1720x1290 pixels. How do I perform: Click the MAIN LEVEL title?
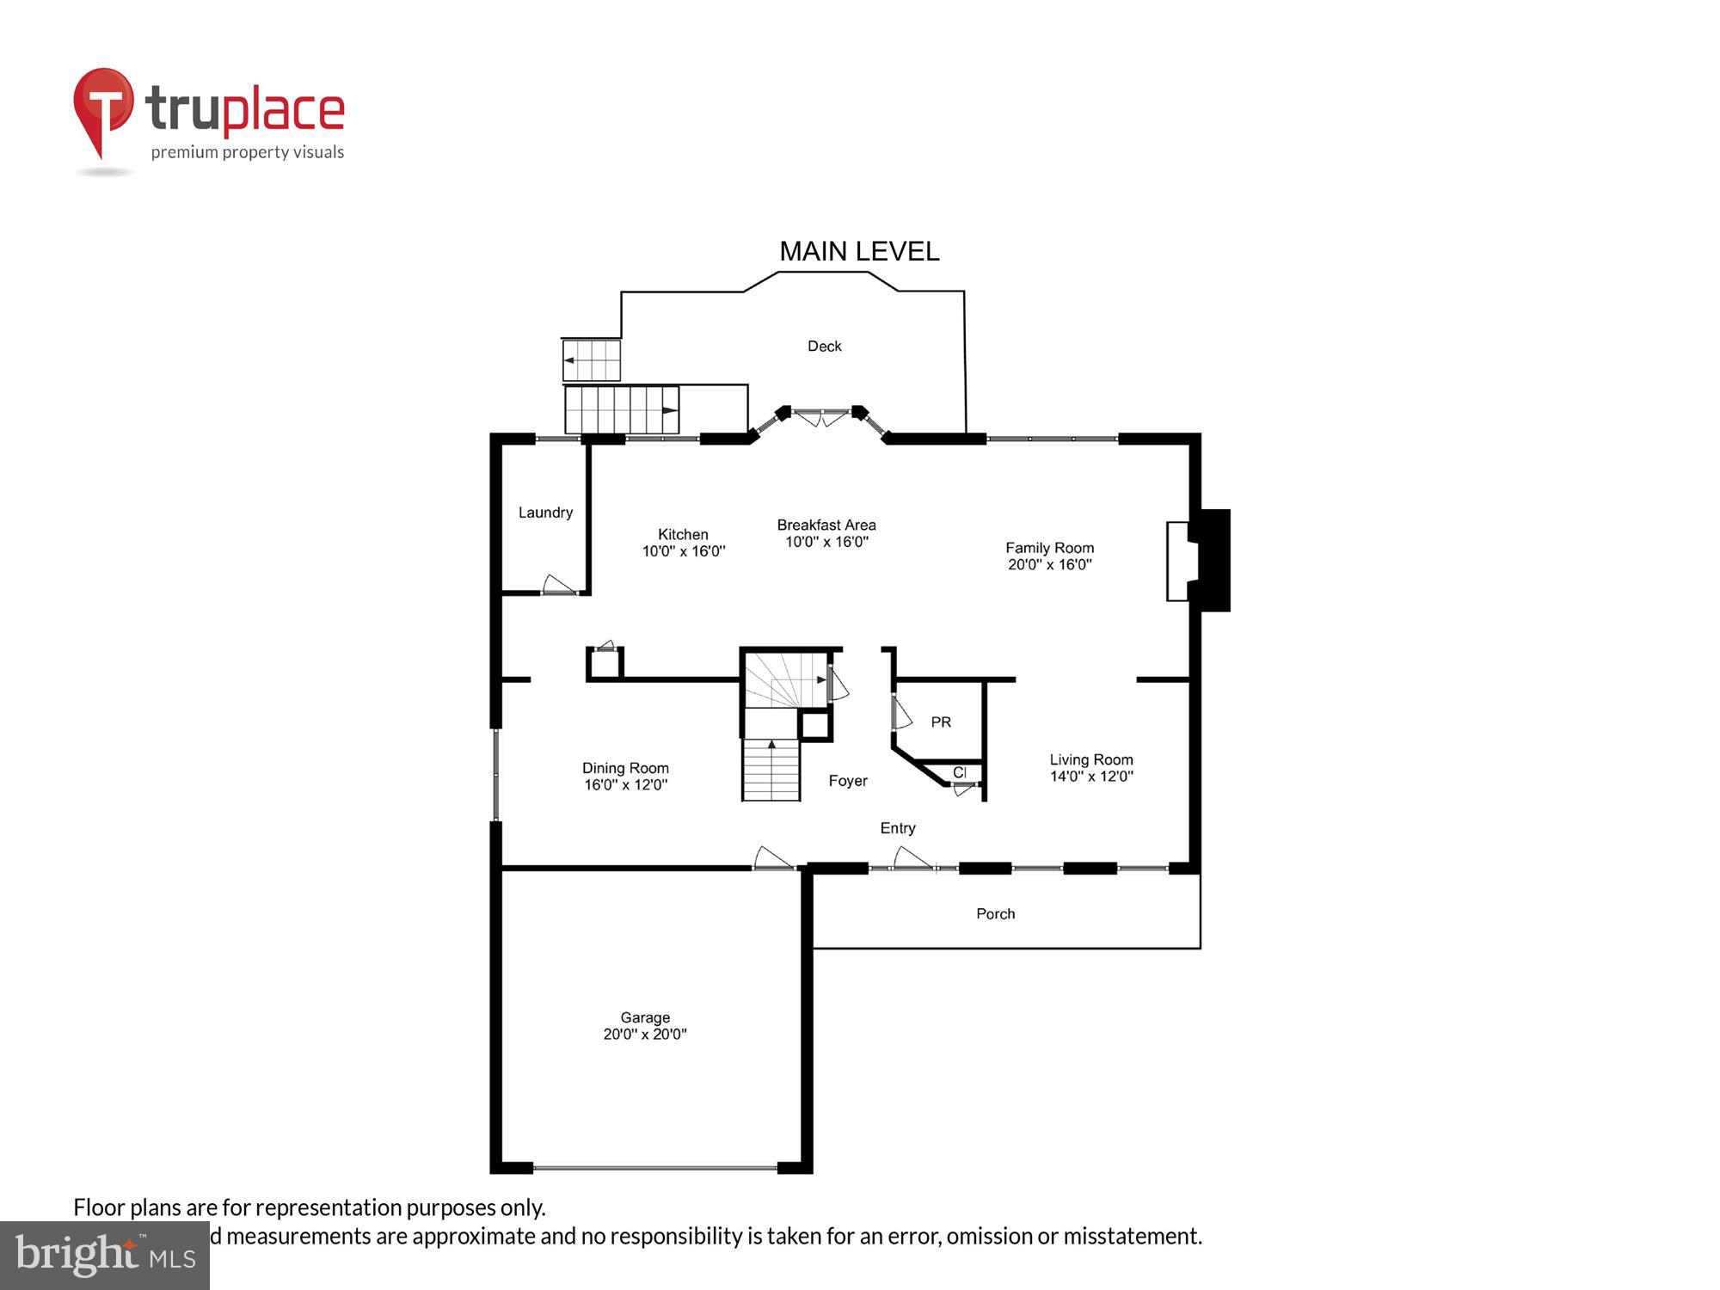tap(858, 251)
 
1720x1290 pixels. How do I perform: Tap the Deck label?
tap(824, 347)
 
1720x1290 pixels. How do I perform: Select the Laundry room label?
tap(545, 513)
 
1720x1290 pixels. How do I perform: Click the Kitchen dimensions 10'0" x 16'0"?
tap(684, 551)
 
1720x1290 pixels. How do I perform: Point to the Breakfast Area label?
tap(826, 525)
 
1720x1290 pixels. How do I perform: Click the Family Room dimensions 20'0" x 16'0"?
tap(1049, 565)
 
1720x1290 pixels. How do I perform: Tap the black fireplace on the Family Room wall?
tap(1210, 560)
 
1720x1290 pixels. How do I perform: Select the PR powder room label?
tap(941, 722)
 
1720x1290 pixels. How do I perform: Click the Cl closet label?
tap(960, 772)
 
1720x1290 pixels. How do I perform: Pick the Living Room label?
tap(1090, 759)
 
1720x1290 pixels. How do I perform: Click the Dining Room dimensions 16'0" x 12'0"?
tap(625, 784)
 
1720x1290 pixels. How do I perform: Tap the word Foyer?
tap(847, 781)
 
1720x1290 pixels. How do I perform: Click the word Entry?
tap(897, 828)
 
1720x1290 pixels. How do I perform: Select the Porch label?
tap(995, 914)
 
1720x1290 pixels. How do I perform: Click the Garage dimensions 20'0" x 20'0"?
tap(644, 1035)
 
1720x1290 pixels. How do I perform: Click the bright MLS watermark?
tap(105, 1256)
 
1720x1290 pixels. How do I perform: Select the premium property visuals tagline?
tap(247, 153)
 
